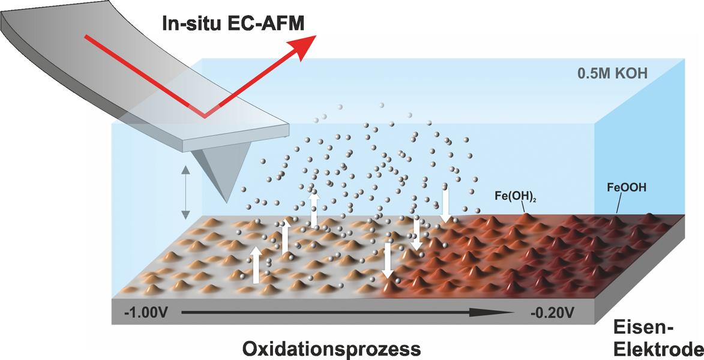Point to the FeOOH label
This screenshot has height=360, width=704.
pyautogui.click(x=627, y=188)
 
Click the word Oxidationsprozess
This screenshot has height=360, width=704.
pyautogui.click(x=332, y=349)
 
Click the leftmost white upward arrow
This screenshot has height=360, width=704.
pyautogui.click(x=256, y=265)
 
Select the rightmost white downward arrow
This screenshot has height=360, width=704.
pyautogui.click(x=445, y=205)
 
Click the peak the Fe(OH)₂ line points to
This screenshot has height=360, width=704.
pyautogui.click(x=526, y=215)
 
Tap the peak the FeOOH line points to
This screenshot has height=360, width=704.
pyautogui.click(x=616, y=217)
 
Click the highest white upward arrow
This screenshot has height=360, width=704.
pyautogui.click(x=314, y=209)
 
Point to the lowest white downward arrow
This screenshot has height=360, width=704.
pyautogui.click(x=388, y=260)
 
